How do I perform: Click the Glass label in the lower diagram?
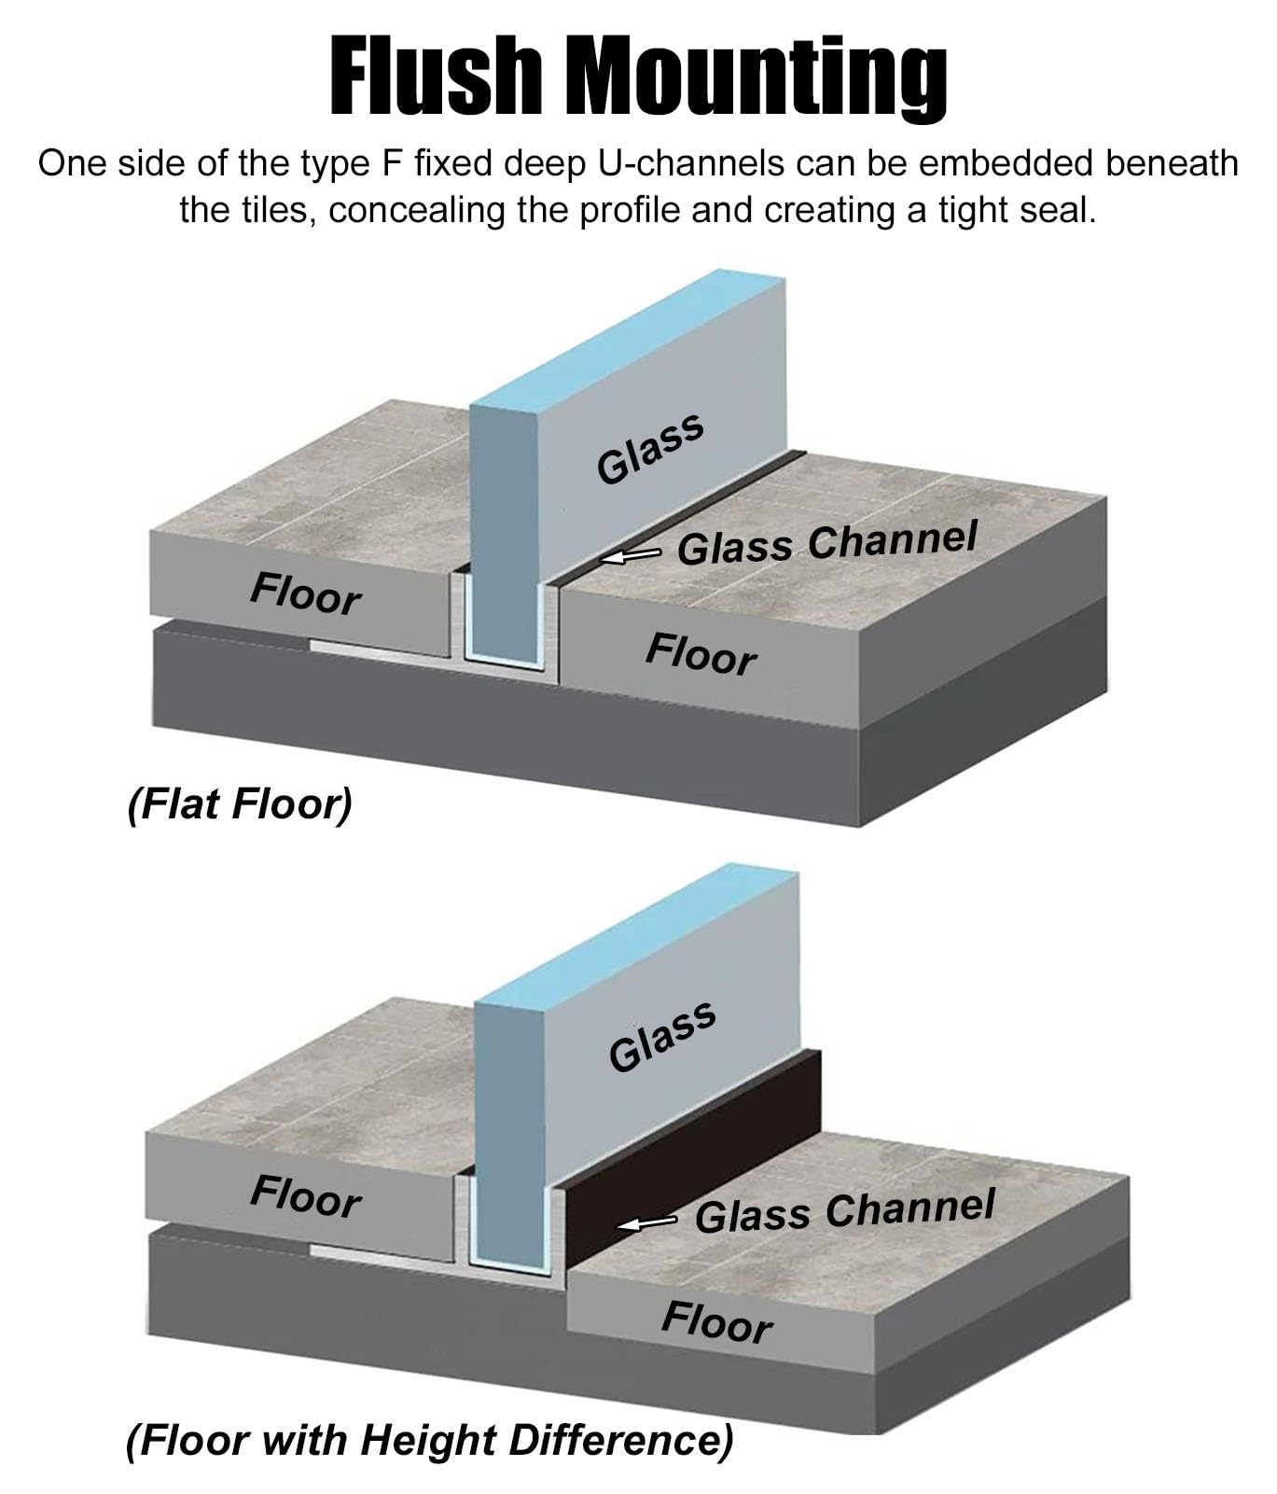(x=662, y=1036)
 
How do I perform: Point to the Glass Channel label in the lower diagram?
(x=845, y=1210)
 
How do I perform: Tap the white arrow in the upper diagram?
(x=631, y=556)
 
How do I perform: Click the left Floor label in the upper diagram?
(x=305, y=594)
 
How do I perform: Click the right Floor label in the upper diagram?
(x=701, y=653)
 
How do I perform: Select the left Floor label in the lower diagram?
(x=305, y=1197)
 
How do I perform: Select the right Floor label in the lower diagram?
(x=717, y=1322)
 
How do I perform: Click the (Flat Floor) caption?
(x=240, y=804)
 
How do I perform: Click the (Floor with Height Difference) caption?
(x=430, y=1440)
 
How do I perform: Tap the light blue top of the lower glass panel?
(x=638, y=932)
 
